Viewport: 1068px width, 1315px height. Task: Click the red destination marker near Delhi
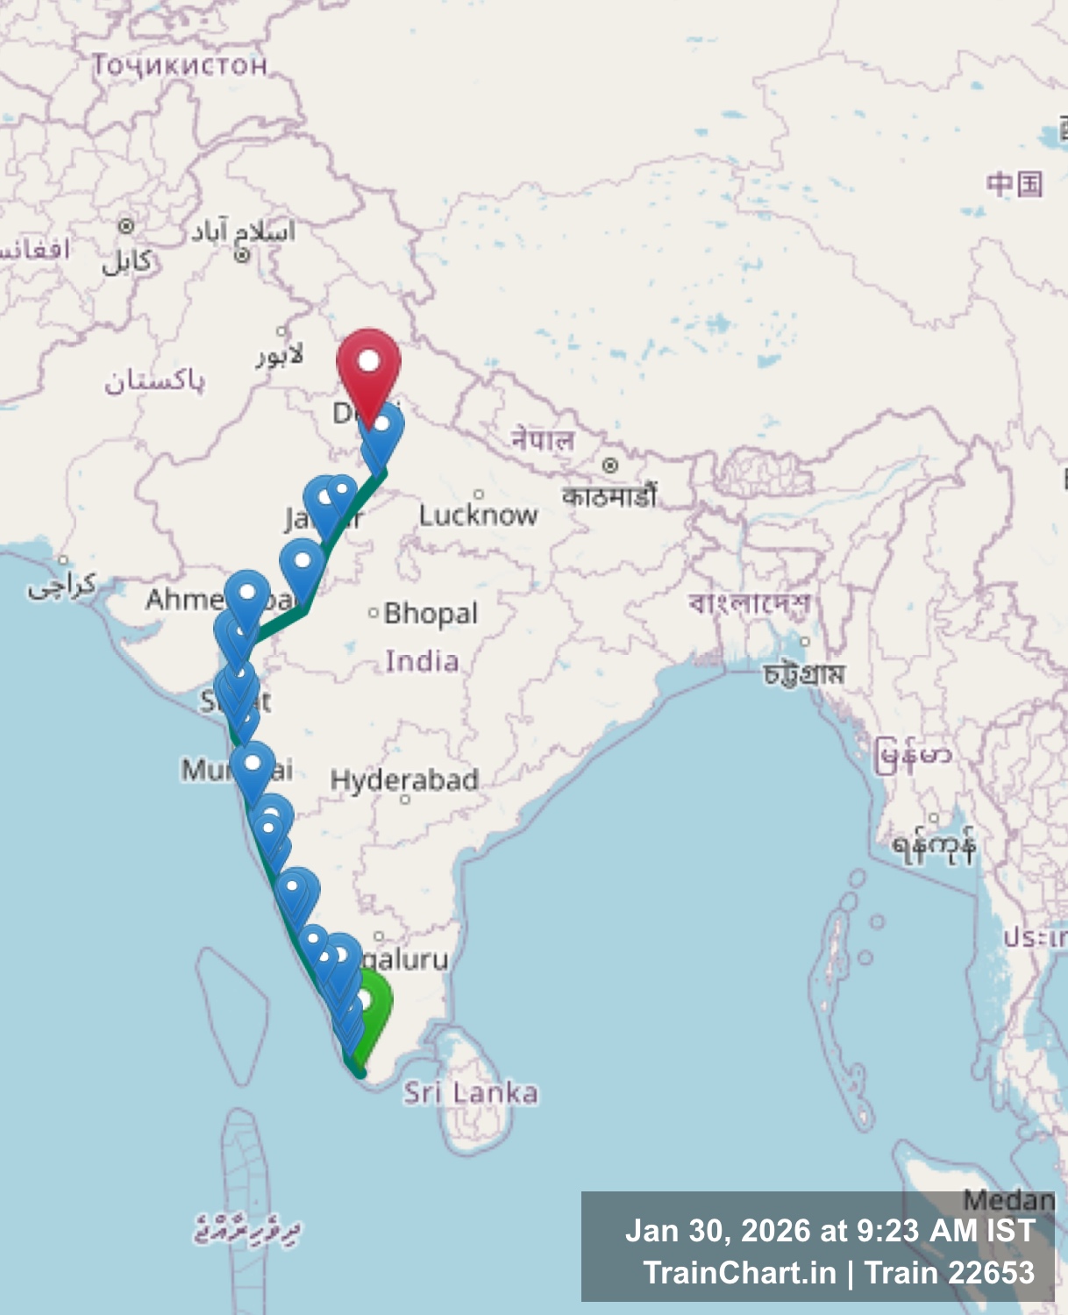[x=369, y=364]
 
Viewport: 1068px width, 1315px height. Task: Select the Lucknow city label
[x=478, y=515]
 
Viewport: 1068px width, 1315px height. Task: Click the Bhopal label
[x=431, y=613]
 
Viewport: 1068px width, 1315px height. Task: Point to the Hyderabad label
[x=404, y=779]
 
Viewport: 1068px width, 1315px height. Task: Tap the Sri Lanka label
[x=471, y=1092]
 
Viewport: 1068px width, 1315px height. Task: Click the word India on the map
[x=422, y=660]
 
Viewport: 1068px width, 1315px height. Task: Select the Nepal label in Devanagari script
[x=543, y=438]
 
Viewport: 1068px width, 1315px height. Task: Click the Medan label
[x=1008, y=1199]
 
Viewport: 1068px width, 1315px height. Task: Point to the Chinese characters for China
[x=1015, y=184]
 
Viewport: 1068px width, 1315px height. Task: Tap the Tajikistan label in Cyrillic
[x=180, y=65]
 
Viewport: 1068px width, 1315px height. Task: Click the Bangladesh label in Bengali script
[x=750, y=603]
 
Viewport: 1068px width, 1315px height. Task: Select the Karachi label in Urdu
[x=61, y=586]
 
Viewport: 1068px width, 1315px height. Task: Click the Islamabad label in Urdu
[x=243, y=231]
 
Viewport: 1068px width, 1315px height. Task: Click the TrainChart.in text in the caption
[x=739, y=1272]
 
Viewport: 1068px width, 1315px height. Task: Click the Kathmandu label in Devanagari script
[x=609, y=496]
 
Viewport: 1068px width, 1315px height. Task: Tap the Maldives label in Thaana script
[x=247, y=1230]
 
